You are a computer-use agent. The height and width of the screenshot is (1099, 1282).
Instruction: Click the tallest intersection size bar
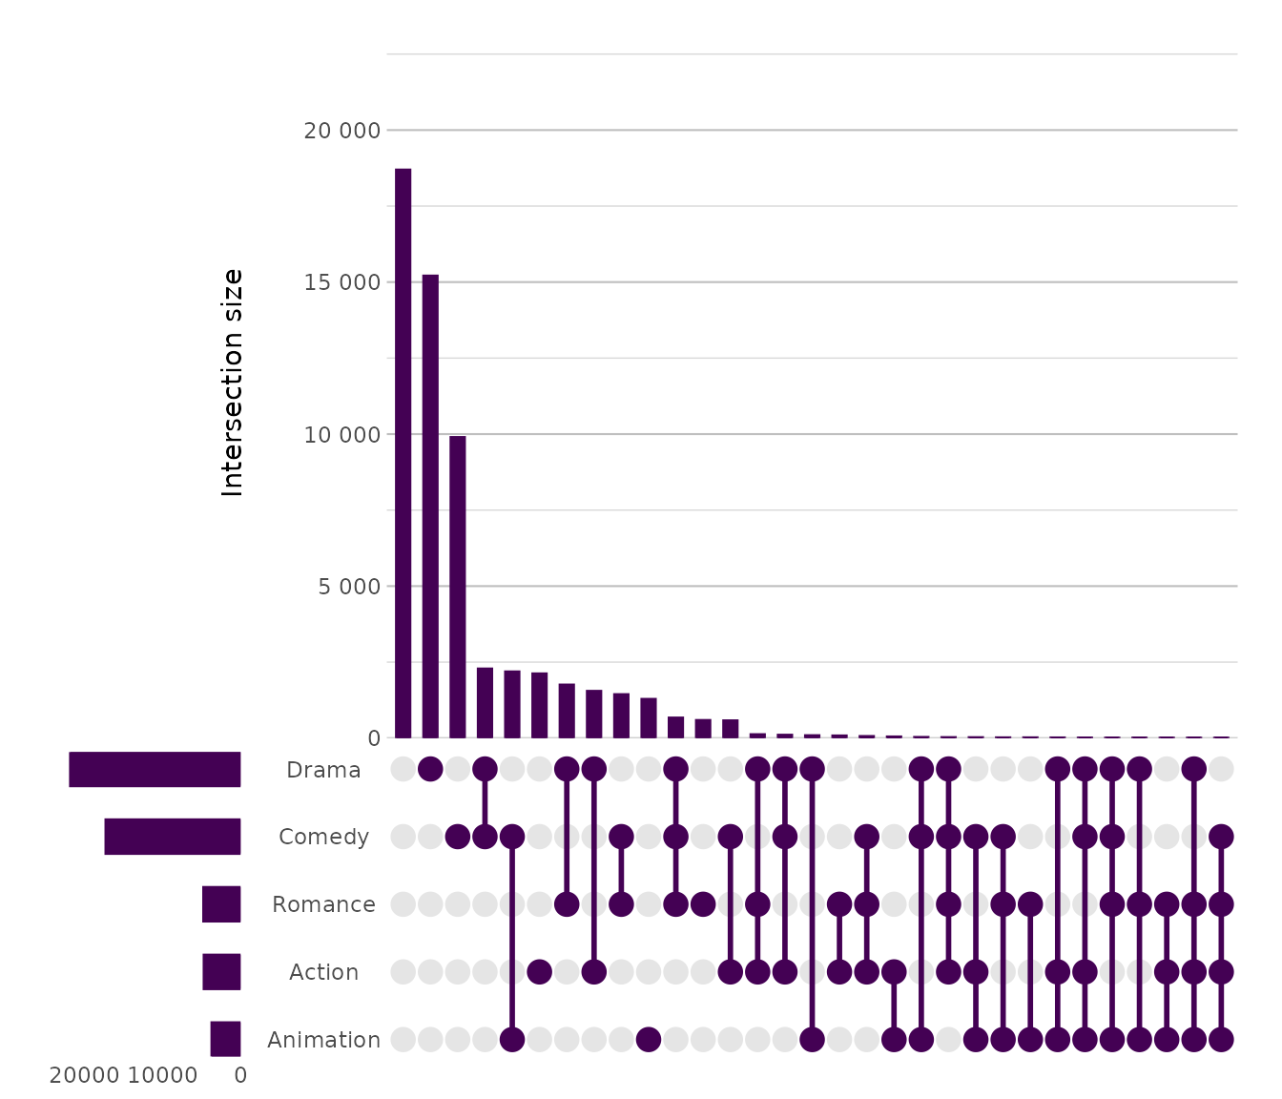[403, 453]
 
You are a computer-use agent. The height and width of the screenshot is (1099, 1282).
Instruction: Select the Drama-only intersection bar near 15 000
[430, 506]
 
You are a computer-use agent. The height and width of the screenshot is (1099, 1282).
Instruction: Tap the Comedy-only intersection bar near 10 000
[458, 587]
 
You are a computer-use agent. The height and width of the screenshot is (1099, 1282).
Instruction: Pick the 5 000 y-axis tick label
[349, 587]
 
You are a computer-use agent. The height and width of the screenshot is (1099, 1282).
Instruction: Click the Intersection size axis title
[233, 383]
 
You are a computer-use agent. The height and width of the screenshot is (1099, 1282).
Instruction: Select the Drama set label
[323, 770]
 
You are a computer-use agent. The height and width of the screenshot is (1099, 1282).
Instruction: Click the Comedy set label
[323, 837]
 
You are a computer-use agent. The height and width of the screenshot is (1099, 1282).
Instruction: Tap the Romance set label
[323, 904]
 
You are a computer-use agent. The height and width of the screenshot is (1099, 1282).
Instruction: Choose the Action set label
[323, 972]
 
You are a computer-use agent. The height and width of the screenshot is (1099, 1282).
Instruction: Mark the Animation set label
[323, 1040]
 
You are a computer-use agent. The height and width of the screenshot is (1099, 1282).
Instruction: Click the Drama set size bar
[155, 770]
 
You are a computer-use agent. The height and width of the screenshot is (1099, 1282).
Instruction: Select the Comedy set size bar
[173, 837]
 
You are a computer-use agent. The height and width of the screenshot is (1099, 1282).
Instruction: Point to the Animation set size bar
[225, 1039]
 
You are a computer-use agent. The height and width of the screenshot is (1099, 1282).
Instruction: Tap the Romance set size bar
[221, 904]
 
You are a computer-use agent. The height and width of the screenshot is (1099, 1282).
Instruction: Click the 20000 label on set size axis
[84, 1076]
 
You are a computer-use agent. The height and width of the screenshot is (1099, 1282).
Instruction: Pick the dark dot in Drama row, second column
[430, 769]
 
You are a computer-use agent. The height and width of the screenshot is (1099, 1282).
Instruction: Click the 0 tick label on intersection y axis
[373, 738]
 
